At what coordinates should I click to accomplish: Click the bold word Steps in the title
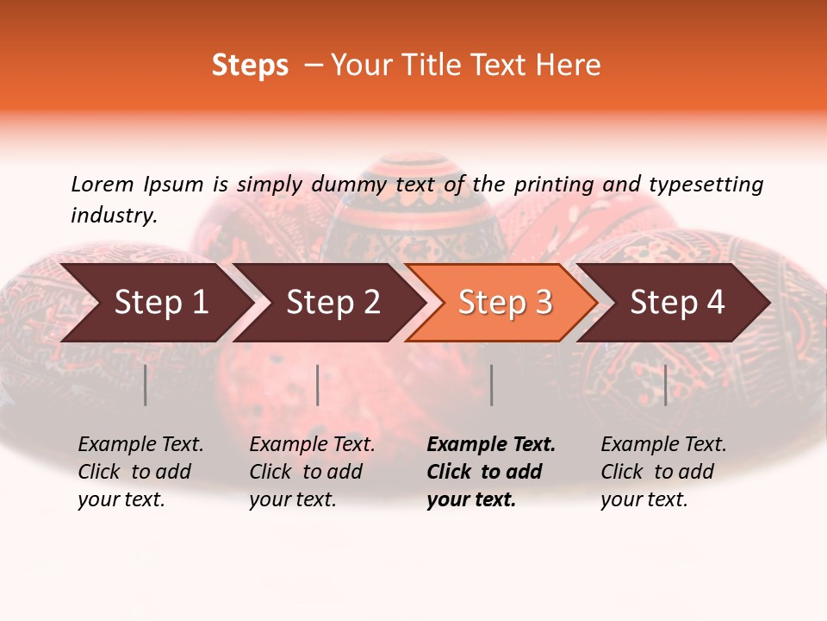point(250,66)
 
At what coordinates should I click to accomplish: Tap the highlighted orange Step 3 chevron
point(505,303)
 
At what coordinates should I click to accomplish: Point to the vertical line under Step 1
point(146,385)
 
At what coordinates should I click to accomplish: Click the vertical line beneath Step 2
point(318,385)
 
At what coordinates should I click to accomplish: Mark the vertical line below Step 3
point(491,385)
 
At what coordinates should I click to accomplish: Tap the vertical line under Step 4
point(665,385)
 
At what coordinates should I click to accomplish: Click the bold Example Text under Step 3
point(491,472)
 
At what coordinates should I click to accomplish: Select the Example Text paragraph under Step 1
point(140,472)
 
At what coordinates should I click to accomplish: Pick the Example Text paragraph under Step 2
point(312,472)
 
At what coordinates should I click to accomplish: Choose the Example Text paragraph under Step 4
point(663,472)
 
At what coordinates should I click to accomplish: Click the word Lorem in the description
point(102,184)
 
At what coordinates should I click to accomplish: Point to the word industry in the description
point(114,216)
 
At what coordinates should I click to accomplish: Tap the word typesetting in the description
point(706,185)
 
